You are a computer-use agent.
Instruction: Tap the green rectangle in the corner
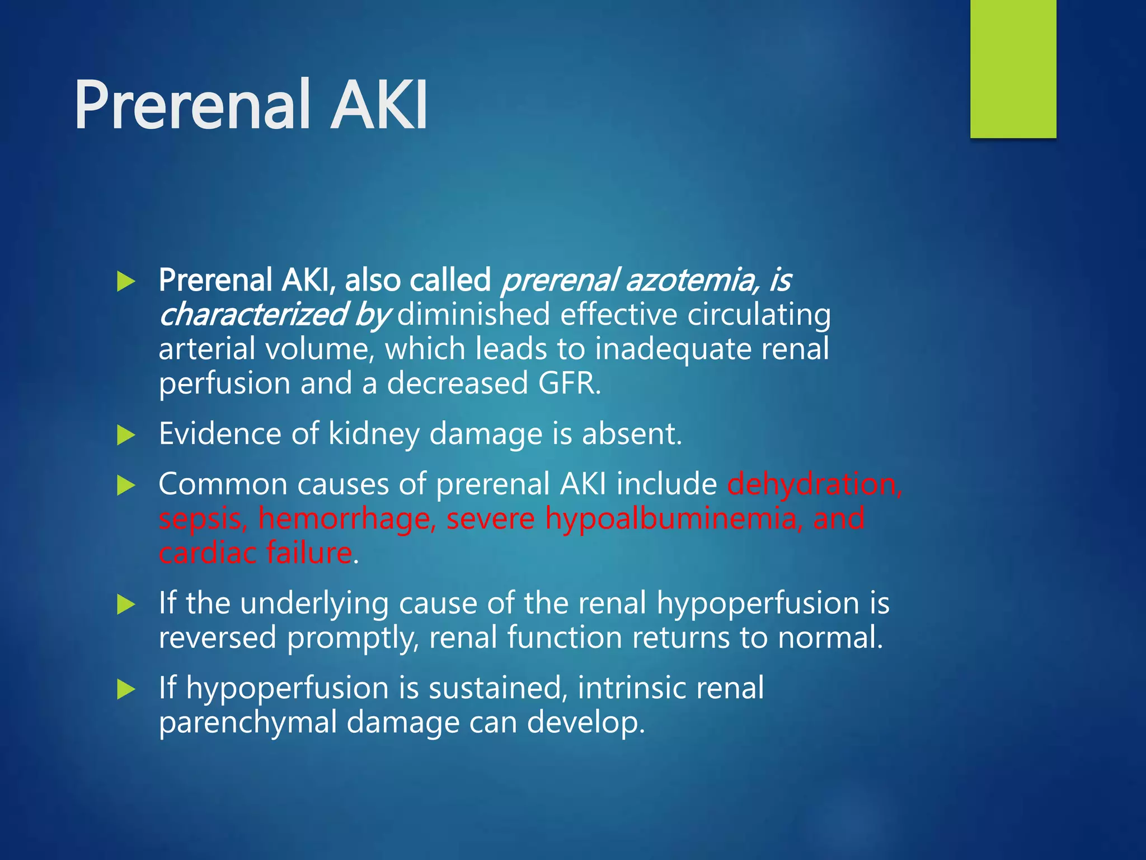1013,68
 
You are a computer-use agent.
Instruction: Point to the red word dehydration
814,484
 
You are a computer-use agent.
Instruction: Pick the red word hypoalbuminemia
671,519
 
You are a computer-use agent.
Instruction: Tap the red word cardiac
207,553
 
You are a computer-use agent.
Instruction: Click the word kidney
373,434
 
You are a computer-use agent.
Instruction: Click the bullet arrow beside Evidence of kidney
126,435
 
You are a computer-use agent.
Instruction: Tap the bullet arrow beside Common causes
126,485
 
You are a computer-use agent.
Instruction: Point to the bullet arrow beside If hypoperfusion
126,689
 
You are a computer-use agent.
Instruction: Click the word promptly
353,638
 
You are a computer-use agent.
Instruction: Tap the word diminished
473,315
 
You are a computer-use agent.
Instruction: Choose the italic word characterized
252,315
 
